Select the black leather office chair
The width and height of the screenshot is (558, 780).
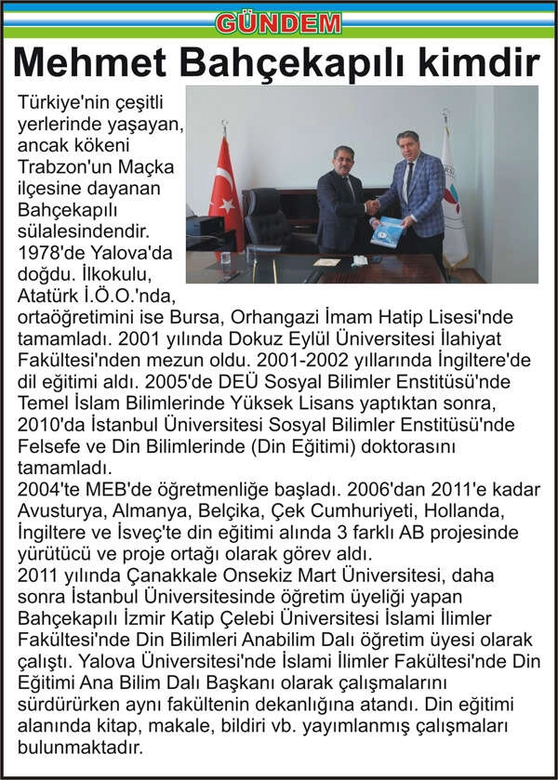click(x=266, y=221)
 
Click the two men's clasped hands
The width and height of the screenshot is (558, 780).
click(x=372, y=207)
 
